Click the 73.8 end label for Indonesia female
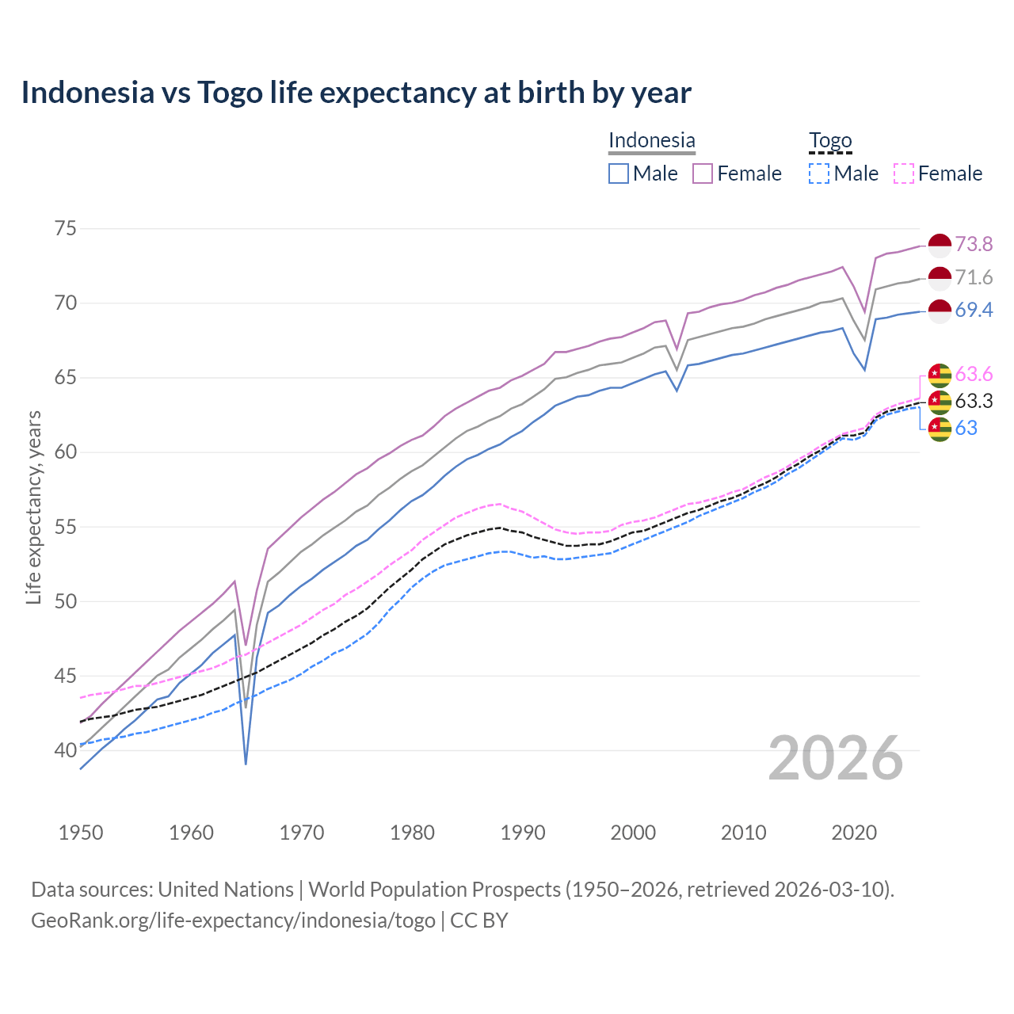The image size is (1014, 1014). coord(974,244)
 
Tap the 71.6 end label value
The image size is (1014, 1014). coord(974,277)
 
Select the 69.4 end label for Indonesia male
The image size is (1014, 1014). coord(974,310)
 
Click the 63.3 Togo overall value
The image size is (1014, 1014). coord(974,401)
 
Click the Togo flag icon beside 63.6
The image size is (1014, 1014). coord(940,375)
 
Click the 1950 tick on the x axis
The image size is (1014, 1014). coord(82,833)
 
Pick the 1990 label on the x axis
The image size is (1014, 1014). coord(523,833)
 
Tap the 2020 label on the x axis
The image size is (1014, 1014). coord(854,833)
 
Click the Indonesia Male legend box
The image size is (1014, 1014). coord(619,173)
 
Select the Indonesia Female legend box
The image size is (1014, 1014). coord(703,173)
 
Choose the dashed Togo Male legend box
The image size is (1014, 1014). coord(819,173)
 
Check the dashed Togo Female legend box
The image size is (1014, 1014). coord(904,173)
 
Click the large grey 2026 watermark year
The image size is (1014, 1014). coord(836,758)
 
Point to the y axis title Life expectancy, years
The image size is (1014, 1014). coord(33,507)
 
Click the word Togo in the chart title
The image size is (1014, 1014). coord(229,93)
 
